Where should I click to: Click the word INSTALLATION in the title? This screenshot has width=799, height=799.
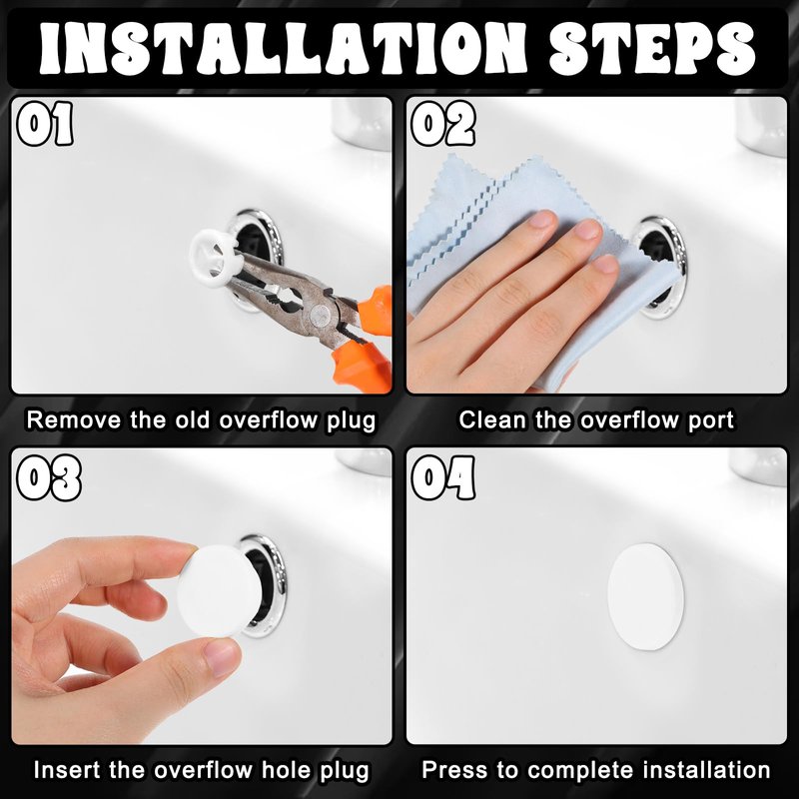pos(283,48)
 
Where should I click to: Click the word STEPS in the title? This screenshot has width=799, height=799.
pos(652,48)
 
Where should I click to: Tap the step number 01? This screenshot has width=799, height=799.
pos(45,123)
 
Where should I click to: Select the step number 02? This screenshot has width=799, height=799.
pos(443,123)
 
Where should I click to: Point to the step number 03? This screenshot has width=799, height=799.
pos(49,478)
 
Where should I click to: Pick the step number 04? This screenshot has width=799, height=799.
pos(443,478)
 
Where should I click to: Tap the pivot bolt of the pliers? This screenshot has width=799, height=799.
pos(320,315)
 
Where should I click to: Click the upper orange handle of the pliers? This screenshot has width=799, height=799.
pos(376,305)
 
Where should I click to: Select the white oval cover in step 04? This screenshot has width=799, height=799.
pos(645,596)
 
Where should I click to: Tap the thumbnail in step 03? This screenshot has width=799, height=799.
pos(223,656)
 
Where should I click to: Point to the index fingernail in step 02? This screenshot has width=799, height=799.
pos(540,219)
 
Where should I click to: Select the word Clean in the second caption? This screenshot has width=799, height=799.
pos(492,419)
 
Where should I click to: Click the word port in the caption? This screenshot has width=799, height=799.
pos(711,421)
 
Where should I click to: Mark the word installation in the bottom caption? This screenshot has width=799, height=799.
pos(706,769)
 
